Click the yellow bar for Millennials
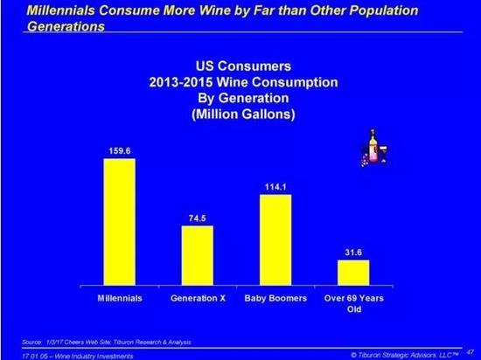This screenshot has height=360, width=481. click(119, 222)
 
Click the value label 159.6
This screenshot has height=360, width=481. click(119, 149)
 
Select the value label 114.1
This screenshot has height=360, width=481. click(275, 184)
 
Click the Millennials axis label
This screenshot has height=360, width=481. click(119, 298)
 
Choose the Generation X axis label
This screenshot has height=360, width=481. click(197, 298)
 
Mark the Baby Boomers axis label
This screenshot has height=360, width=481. click(275, 298)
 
